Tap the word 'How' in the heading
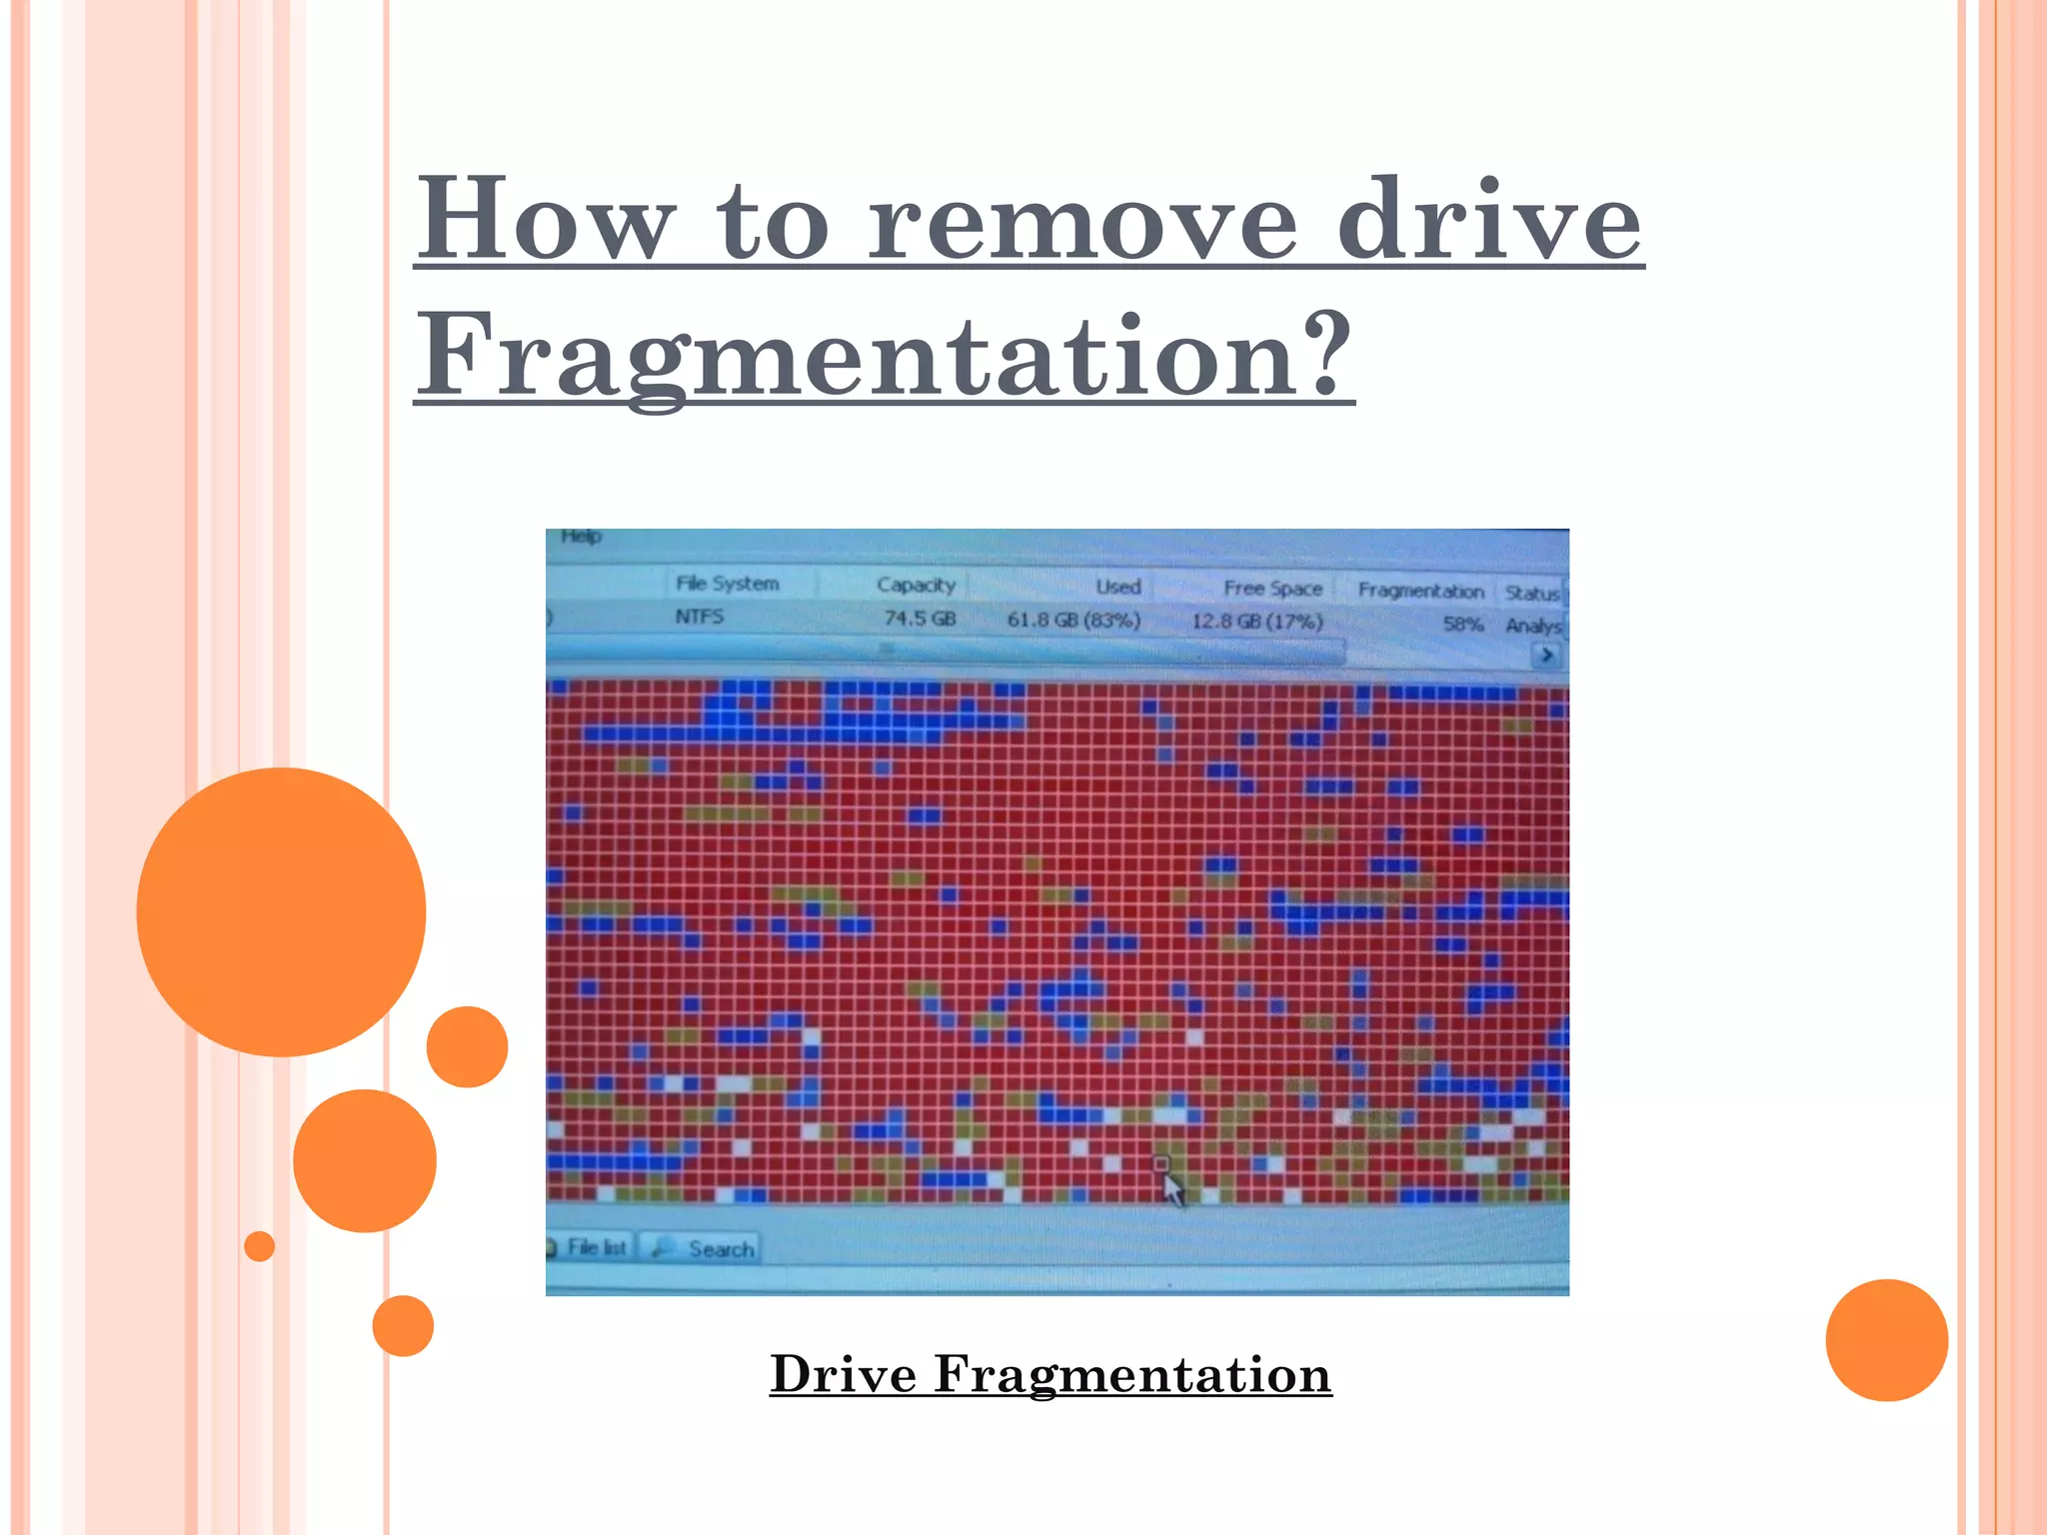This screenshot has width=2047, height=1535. [x=545, y=220]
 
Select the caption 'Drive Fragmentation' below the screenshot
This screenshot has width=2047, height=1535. [x=1050, y=1374]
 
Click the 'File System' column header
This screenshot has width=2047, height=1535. [x=727, y=584]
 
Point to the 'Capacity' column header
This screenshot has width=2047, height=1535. [x=916, y=586]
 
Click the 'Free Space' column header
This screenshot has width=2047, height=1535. [x=1272, y=589]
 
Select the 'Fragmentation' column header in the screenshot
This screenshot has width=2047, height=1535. [x=1420, y=591]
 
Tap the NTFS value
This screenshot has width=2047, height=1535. [x=699, y=617]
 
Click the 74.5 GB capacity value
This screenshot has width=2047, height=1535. [x=920, y=619]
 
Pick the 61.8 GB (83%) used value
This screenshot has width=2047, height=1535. [x=1073, y=620]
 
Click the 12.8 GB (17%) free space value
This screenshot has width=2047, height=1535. [x=1256, y=622]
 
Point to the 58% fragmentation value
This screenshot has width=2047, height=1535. [x=1462, y=625]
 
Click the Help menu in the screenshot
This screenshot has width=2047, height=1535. [x=581, y=537]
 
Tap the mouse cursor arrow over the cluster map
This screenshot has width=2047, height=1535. [x=1172, y=1189]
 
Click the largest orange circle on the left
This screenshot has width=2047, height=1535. [x=281, y=911]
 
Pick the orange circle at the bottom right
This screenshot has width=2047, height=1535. [x=1886, y=1340]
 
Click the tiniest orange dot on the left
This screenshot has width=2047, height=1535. [x=259, y=1246]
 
